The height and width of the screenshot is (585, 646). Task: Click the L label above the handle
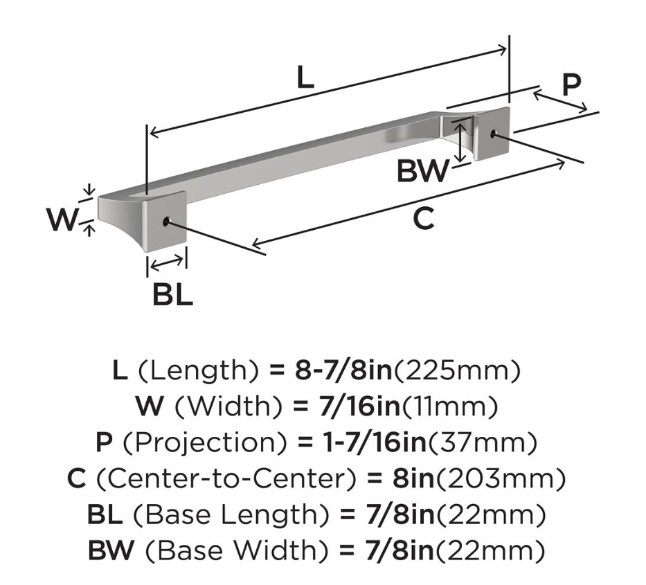click(x=305, y=78)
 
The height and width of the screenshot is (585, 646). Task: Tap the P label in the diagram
click(x=571, y=85)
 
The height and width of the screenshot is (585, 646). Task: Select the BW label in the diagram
click(x=422, y=171)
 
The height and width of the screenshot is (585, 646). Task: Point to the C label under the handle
click(x=423, y=219)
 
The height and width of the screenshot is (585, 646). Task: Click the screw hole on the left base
click(x=167, y=222)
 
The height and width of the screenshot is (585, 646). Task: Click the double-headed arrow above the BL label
click(x=168, y=263)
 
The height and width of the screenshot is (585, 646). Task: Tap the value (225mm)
click(x=457, y=372)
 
